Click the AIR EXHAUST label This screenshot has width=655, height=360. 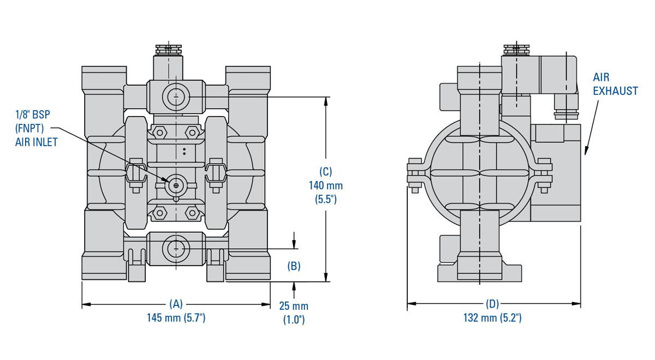click(x=615, y=84)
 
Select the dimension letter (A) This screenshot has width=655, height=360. click(x=176, y=304)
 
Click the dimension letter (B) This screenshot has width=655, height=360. click(x=294, y=266)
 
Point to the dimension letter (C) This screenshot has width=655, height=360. click(x=326, y=171)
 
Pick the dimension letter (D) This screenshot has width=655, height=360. click(x=493, y=304)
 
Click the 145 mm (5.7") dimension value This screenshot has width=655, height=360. click(x=176, y=317)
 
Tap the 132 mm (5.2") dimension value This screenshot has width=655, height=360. click(x=493, y=317)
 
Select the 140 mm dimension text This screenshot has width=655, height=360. click(x=326, y=185)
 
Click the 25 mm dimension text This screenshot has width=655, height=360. click(x=294, y=306)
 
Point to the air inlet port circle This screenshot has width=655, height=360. click(x=176, y=185)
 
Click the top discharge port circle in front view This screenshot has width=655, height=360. click(x=176, y=97)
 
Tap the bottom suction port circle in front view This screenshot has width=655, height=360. click(x=176, y=249)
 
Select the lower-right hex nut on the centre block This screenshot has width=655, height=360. click(x=192, y=212)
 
